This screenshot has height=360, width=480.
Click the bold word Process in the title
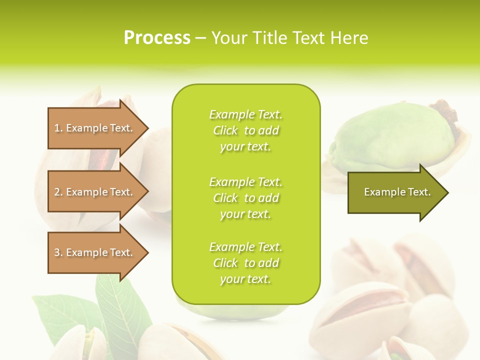point(157,37)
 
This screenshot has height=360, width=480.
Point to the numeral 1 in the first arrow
point(57,128)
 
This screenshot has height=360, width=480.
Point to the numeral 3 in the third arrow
point(57,252)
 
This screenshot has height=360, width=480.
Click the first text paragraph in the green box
point(245,130)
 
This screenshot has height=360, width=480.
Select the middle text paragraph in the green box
point(245,198)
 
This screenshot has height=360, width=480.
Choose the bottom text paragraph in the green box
point(245,263)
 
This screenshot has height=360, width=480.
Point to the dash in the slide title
point(201,38)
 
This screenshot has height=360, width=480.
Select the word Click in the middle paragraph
point(225,198)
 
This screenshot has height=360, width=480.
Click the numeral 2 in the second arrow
point(57,192)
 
